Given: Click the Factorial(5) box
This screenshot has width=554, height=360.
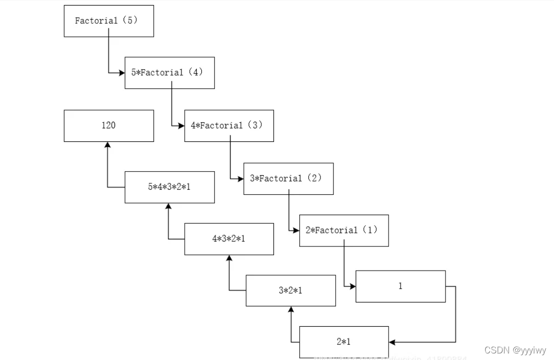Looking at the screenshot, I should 108,21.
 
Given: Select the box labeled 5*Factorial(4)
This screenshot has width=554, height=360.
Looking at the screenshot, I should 170,73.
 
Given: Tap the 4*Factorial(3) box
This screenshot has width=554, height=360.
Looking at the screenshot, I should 229,126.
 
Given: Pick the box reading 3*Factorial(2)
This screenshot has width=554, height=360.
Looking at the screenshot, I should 288,179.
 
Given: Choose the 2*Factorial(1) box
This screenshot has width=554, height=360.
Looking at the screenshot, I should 344,231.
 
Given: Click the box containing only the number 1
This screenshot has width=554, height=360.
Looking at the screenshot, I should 400,286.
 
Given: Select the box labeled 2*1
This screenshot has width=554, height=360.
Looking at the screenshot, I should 344,342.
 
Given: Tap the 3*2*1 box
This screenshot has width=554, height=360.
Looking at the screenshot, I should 291,290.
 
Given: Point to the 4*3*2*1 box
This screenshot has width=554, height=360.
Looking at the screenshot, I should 229,239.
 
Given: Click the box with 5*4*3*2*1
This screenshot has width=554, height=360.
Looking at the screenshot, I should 170,187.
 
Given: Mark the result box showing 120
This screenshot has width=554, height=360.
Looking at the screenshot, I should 108,126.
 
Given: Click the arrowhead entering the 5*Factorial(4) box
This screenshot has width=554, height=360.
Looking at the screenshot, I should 122,73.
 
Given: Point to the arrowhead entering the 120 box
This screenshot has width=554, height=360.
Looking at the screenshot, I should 107,145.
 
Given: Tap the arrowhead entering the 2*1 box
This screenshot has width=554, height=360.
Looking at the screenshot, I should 392,342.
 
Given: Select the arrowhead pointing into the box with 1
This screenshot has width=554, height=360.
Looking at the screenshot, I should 352,286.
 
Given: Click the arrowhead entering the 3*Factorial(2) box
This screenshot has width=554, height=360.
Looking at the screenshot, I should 240,179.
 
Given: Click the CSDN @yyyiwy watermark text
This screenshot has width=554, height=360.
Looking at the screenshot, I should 515,350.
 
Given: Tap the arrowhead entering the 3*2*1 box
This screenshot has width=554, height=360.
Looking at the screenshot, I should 291,310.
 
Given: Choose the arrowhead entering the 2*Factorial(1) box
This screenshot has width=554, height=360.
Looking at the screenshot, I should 296,231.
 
